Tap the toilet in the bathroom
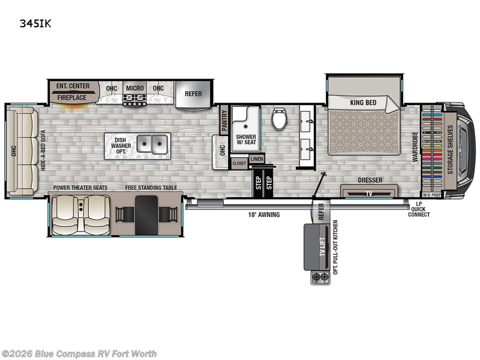tap(279, 118)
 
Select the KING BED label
tap(363, 103)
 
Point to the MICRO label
tap(134, 88)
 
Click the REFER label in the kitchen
tap(193, 94)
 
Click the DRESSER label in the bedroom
tap(370, 180)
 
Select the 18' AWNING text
tap(265, 214)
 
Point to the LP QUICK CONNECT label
tap(418, 209)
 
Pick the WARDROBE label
tap(415, 148)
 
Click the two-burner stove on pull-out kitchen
tap(320, 277)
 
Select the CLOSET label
tap(239, 163)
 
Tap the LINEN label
tap(256, 158)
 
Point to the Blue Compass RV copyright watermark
tap(79, 353)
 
